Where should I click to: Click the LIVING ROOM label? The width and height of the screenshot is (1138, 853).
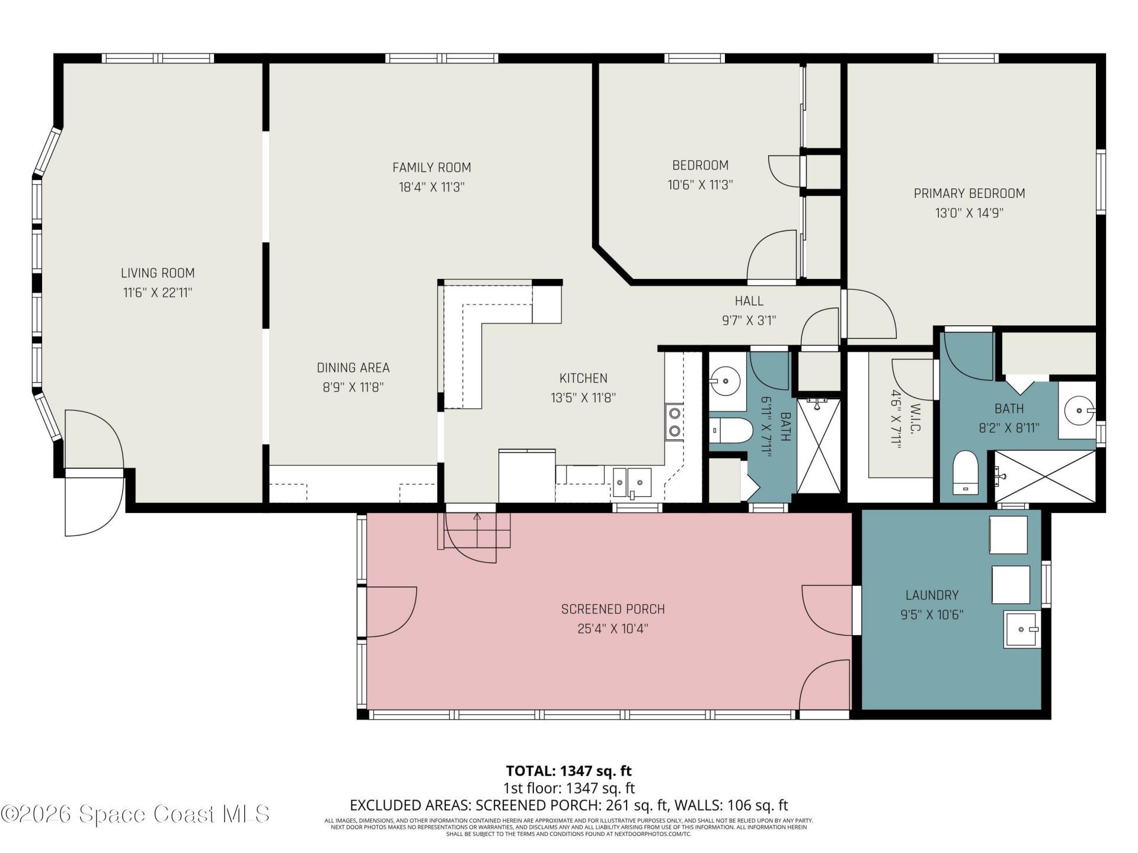click(x=158, y=273)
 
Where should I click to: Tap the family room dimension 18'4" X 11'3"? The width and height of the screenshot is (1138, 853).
click(x=431, y=187)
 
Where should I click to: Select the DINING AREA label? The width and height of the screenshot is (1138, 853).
click(x=353, y=368)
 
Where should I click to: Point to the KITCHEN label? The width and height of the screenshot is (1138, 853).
click(x=583, y=378)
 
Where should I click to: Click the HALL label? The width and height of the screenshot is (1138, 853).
click(x=749, y=301)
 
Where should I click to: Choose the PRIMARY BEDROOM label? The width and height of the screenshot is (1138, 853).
click(x=969, y=193)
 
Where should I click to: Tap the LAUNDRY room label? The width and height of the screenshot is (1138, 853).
click(x=932, y=595)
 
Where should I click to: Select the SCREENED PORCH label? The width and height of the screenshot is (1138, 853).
click(x=613, y=609)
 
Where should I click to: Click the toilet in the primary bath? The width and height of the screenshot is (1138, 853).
click(x=966, y=472)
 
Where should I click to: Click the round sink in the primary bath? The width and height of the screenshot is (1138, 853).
click(x=1077, y=410)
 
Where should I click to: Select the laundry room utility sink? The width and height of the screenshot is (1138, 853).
click(x=1022, y=630)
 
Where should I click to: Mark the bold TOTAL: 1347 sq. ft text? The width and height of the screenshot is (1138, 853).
click(x=568, y=771)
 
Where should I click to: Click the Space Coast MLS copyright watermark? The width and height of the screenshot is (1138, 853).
click(x=135, y=814)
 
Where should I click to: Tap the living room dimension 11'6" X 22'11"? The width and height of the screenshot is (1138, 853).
click(x=158, y=293)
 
